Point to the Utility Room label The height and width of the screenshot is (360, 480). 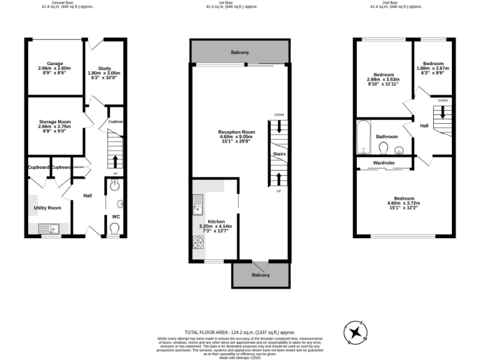click(47, 207)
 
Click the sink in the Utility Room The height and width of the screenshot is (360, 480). click(48, 229)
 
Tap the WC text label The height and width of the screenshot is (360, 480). click(116, 217)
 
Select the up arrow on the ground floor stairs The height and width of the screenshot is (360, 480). click(114, 161)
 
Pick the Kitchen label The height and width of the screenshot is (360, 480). click(216, 222)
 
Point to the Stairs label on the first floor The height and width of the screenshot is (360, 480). click(279, 153)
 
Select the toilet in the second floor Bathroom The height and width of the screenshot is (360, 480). click(384, 148)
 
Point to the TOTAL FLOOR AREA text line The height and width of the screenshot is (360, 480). click(239, 332)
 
